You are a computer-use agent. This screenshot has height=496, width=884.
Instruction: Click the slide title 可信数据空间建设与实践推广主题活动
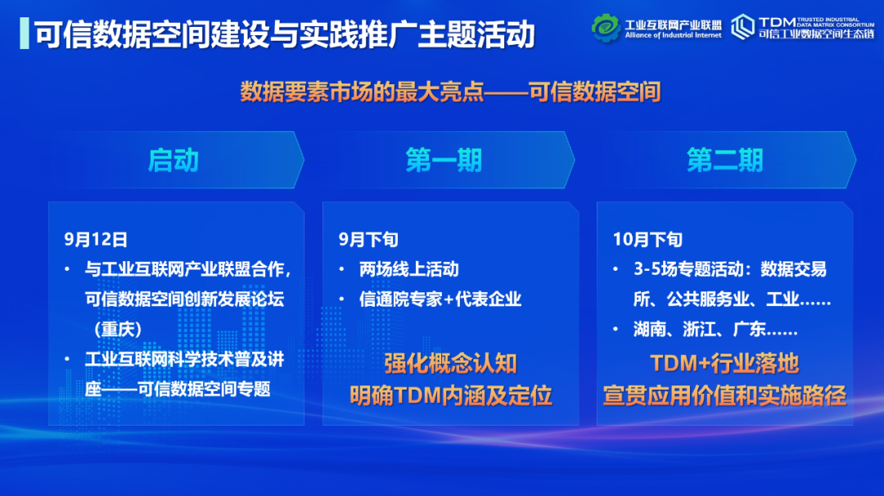[284, 34]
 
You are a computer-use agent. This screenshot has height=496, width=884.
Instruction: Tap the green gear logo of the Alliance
[606, 28]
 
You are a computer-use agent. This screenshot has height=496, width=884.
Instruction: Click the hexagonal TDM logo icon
[742, 27]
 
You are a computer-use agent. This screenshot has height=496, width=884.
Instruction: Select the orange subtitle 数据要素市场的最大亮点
[362, 92]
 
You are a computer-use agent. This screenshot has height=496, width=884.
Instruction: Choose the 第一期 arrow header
[444, 160]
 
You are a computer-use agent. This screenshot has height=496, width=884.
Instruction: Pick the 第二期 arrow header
[725, 160]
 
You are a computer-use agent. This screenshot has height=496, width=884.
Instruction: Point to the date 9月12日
[96, 240]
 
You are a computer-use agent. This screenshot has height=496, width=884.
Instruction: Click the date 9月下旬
[368, 240]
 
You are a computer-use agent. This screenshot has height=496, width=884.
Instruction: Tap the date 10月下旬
[647, 240]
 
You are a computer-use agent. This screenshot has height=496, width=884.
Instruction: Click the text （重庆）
[118, 329]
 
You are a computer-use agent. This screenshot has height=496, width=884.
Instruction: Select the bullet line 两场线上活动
[409, 269]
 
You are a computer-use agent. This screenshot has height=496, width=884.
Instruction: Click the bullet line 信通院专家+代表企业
[440, 300]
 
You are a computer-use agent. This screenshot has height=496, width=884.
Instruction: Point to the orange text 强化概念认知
[450, 363]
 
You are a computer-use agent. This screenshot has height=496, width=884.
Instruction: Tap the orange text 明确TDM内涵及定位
[450, 395]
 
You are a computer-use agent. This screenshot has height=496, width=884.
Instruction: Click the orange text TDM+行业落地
[724, 363]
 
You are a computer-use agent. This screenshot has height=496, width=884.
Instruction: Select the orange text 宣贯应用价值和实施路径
[724, 395]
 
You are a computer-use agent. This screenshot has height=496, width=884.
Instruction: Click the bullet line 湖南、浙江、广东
[715, 329]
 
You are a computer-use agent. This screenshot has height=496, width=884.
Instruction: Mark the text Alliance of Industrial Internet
[673, 35]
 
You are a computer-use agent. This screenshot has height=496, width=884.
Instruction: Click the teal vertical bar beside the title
[25, 34]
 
